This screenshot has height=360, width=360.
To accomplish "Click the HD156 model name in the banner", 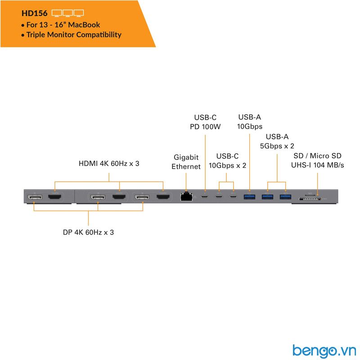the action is pyautogui.click(x=35, y=13).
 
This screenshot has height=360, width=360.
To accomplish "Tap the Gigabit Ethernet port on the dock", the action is pyautogui.click(x=186, y=197).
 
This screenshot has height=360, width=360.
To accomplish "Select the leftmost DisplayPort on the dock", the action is pyautogui.click(x=35, y=197).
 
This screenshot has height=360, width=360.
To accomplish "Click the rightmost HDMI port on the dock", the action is pyautogui.click(x=163, y=197).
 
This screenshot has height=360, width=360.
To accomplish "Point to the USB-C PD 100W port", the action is pyautogui.click(x=205, y=197).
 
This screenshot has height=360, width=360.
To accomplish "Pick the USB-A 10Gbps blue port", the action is pyautogui.click(x=249, y=197).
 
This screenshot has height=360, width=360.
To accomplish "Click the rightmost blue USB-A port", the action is pyautogui.click(x=285, y=197).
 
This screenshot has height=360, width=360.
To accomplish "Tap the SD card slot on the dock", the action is pyautogui.click(x=310, y=198).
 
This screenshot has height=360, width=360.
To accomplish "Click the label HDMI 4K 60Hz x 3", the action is pyautogui.click(x=109, y=163).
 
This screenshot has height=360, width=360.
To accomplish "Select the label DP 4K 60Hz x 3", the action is pyautogui.click(x=88, y=232).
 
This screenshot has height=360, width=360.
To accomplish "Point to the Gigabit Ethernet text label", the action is pyautogui.click(x=186, y=162).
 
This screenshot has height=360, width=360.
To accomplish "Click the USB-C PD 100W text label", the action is pyautogui.click(x=205, y=122).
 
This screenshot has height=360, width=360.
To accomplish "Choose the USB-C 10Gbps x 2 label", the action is pyautogui.click(x=227, y=161).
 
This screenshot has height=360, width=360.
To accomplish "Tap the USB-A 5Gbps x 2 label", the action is pyautogui.click(x=277, y=141).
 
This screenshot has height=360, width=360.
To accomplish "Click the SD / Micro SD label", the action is pyautogui.click(x=318, y=156).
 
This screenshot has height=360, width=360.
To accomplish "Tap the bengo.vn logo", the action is pyautogui.click(x=324, y=351).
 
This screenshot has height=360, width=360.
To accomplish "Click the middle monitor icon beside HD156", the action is pyautogui.click(x=68, y=13).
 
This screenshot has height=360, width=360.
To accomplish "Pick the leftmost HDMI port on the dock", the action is pyautogui.click(x=54, y=197).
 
